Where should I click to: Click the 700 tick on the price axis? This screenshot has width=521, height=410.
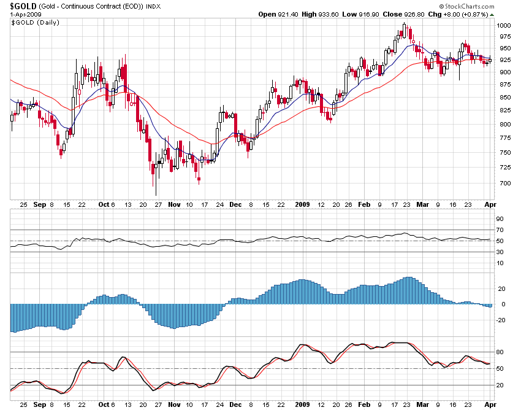pos(503,184)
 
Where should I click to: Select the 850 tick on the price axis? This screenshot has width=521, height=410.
pos(503,98)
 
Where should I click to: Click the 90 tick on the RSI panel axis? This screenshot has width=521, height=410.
pos(500,219)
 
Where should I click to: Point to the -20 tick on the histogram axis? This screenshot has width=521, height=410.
pos(501,320)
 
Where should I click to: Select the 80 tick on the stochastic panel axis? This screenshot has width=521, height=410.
pos(500,352)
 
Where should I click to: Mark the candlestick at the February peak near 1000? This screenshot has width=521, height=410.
pos(405,28)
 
